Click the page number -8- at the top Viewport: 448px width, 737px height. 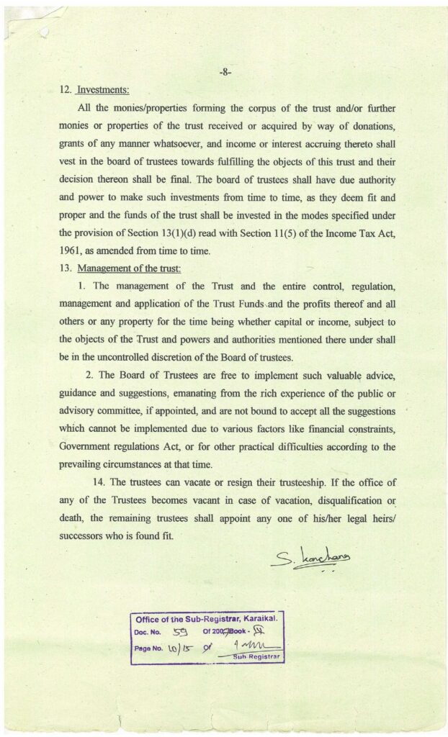(x=225, y=73)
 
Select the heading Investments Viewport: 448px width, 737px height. (x=103, y=91)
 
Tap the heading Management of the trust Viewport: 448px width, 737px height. (x=129, y=268)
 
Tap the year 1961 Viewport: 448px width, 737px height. (x=73, y=250)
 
